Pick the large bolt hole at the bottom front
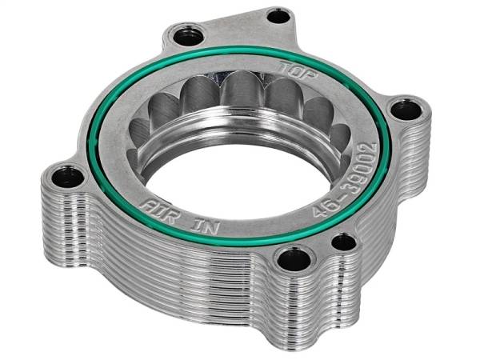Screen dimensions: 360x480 click(286, 258)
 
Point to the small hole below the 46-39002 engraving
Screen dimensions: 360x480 click(343, 241)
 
